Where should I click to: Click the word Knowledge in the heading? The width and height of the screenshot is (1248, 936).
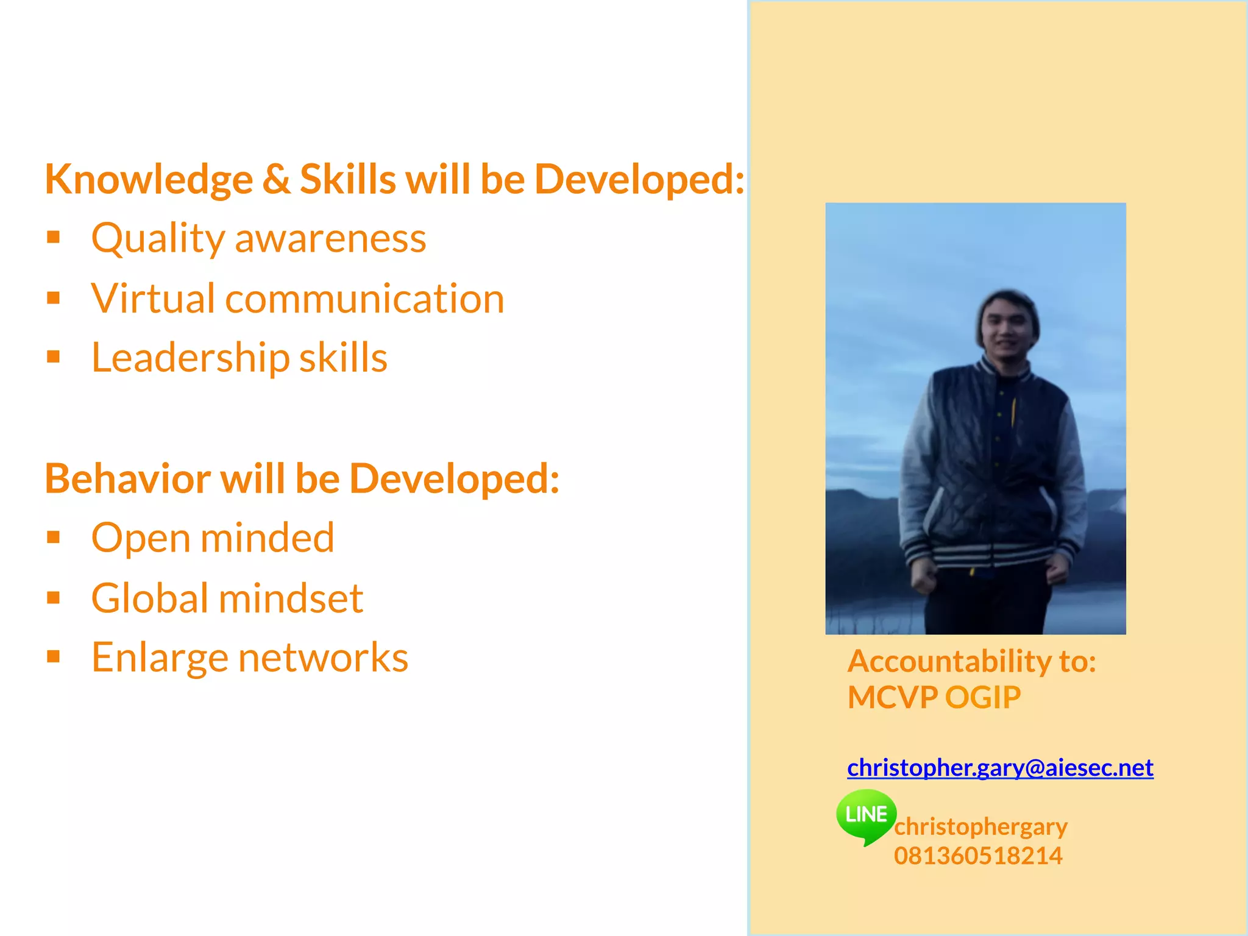coord(149,180)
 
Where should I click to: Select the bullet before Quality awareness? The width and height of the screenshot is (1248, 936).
coord(54,237)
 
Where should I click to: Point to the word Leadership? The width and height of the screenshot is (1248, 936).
coord(190,358)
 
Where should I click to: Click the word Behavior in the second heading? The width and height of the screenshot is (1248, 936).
coord(127,479)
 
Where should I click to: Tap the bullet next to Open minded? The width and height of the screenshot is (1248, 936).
coord(54,537)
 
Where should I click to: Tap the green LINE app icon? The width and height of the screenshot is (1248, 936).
coord(866,815)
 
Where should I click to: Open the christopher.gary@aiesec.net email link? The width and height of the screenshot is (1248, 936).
coord(1000,768)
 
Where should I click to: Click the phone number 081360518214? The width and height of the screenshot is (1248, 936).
coord(978,856)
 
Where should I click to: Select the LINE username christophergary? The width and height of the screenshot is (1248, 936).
coord(980,827)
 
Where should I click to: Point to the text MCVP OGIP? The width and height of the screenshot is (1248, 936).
coord(934,698)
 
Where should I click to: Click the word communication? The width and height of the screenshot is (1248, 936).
coord(364,299)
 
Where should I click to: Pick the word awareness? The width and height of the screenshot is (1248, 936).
coord(330,238)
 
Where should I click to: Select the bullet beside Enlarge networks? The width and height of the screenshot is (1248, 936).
coord(54,656)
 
